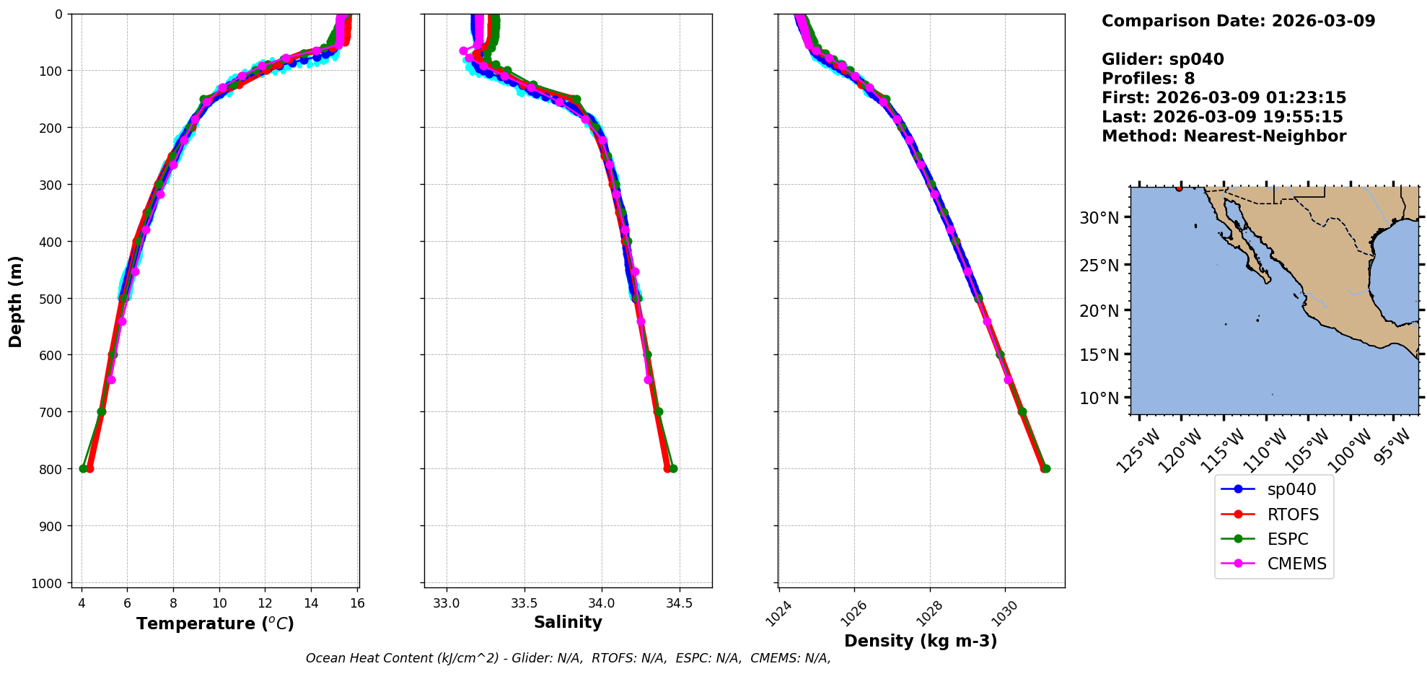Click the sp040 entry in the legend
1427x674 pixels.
tap(1291, 489)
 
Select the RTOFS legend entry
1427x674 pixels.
tap(1292, 515)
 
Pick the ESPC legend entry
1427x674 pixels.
tap(1287, 539)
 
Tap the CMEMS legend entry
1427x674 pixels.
tap(1296, 564)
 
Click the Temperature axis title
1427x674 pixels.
tap(215, 623)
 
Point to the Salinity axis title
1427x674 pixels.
tap(568, 622)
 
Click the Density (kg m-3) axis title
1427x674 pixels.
tap(921, 641)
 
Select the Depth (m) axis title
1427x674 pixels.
tap(16, 301)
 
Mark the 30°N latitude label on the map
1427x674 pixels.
tap(1099, 218)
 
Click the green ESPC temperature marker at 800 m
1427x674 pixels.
tap(83, 469)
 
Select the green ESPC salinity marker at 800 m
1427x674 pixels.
tap(673, 469)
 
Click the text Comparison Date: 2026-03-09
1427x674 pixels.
tap(1238, 21)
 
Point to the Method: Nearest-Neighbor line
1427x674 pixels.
tap(1224, 136)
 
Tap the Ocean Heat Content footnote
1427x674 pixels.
tap(568, 658)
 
